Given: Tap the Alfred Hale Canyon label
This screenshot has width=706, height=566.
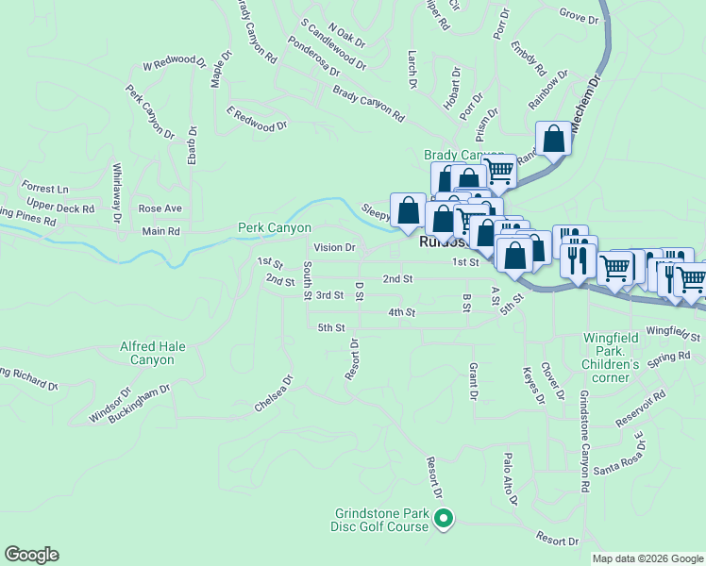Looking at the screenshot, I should (146, 353).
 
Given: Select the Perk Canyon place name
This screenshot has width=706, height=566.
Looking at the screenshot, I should (274, 228).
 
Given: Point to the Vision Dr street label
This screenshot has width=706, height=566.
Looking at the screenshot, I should (334, 248).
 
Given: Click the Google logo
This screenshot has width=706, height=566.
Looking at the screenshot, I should (31, 555).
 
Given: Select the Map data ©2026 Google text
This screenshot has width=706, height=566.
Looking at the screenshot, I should (647, 558).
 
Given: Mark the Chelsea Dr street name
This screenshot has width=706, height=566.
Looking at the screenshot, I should (274, 394).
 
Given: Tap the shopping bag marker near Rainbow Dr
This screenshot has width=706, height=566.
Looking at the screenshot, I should (553, 141).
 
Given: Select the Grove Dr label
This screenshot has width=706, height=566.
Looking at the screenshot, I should (579, 16).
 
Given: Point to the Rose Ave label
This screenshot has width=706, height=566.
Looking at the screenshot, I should (159, 208).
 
